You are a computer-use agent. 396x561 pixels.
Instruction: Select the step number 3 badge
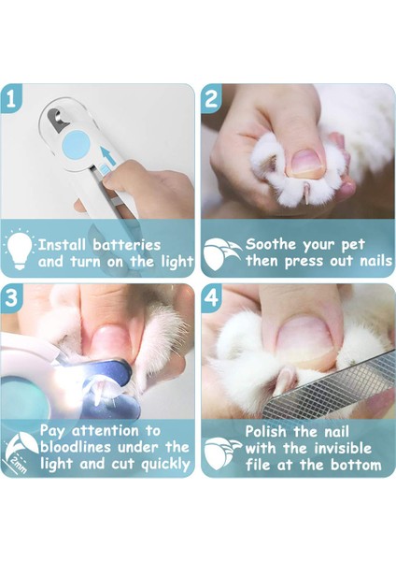(10, 298)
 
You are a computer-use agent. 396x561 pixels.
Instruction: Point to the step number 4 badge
(211, 298)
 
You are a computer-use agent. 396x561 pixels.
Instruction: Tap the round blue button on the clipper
(76, 145)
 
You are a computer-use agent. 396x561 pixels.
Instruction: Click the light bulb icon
(19, 250)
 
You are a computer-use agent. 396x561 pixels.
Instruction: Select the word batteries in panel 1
(126, 245)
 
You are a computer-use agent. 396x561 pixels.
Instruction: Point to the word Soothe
(271, 244)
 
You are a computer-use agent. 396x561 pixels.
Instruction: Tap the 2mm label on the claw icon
(18, 464)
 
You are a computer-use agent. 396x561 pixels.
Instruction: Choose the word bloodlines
(76, 447)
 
